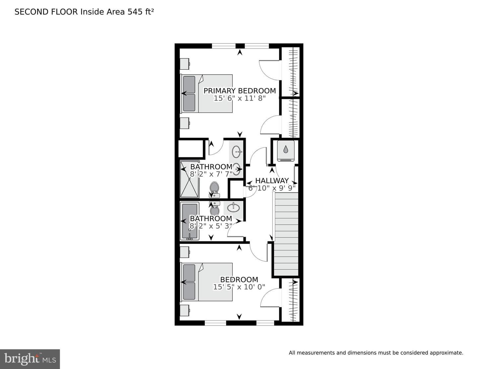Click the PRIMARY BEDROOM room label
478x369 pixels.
240,91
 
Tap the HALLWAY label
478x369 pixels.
272,181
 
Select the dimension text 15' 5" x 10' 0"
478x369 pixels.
239,287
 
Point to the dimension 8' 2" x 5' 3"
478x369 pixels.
211,226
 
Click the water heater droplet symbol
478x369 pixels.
285,149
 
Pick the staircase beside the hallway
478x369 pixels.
285,234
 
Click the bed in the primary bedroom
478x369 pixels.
206,94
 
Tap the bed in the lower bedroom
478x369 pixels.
206,282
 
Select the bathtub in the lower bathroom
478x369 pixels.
190,221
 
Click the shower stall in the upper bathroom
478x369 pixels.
190,179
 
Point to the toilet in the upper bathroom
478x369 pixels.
214,189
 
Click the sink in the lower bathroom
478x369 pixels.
233,207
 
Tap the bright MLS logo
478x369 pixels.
30,359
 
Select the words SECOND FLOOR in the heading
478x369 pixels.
46,12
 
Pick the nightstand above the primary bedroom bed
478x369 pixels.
185,64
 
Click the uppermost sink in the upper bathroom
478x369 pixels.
237,152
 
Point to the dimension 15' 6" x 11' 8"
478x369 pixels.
240,98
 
